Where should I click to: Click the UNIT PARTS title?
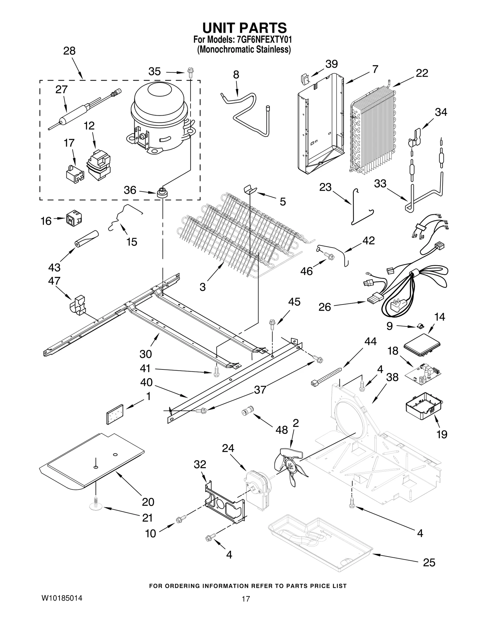[244, 28]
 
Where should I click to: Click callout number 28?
[69, 51]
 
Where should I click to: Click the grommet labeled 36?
[162, 193]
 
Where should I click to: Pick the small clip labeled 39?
[304, 79]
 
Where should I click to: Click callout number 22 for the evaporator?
[422, 73]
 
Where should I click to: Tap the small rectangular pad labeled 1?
[114, 414]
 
